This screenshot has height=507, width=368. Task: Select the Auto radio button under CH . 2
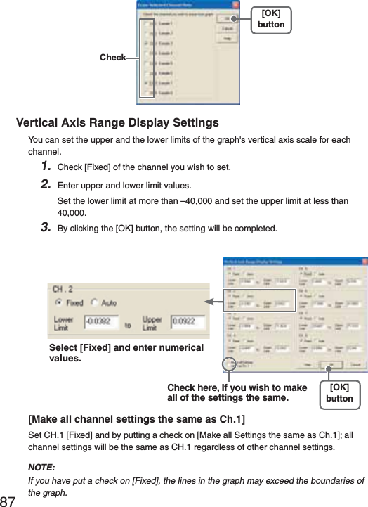(x=95, y=303)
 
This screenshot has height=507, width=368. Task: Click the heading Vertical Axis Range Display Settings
(x=117, y=124)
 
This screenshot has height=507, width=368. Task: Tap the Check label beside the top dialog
(x=112, y=58)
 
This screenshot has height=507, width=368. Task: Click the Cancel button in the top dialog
(x=229, y=28)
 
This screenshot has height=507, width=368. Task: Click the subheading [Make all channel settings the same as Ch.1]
(x=136, y=420)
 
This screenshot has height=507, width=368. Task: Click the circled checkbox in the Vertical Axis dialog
(x=228, y=363)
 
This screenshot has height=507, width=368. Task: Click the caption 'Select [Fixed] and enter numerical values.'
(x=126, y=353)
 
